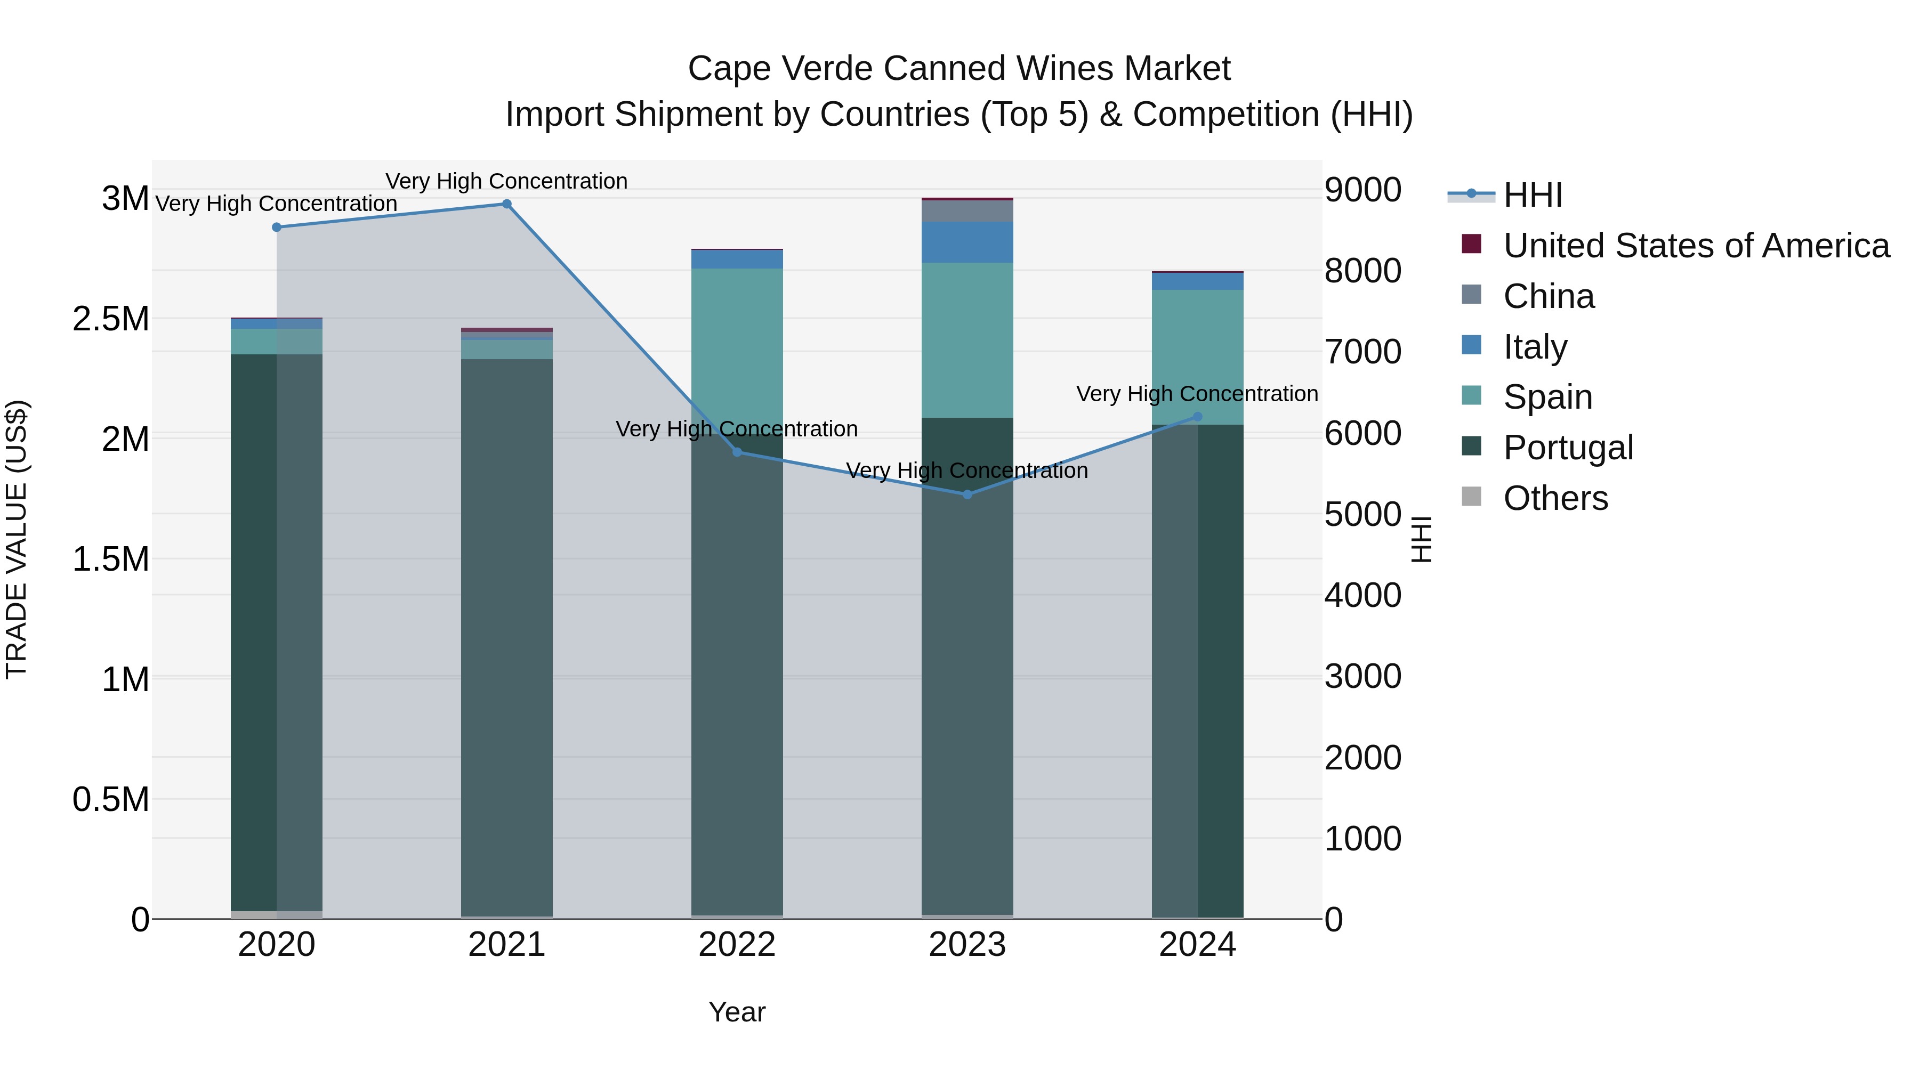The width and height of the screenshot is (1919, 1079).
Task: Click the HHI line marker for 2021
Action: click(x=506, y=204)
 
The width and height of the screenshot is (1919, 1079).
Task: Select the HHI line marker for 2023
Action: click(x=967, y=494)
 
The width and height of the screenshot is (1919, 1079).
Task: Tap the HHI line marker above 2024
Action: click(x=1197, y=417)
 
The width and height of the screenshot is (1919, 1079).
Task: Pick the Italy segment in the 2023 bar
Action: click(x=967, y=242)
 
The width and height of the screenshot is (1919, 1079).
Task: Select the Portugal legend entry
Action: click(x=1567, y=448)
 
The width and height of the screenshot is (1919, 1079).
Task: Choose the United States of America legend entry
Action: click(x=1696, y=246)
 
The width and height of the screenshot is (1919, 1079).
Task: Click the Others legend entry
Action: click(x=1555, y=498)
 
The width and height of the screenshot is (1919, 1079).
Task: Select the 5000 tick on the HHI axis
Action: click(x=1362, y=515)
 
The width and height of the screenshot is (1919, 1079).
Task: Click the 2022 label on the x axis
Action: click(x=737, y=945)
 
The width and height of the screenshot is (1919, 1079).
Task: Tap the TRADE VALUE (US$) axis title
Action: click(x=17, y=539)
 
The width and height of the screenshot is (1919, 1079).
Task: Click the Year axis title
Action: click(x=737, y=1012)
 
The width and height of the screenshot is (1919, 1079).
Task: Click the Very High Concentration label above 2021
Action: click(x=506, y=181)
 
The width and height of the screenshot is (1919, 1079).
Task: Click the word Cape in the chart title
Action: click(x=720, y=69)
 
